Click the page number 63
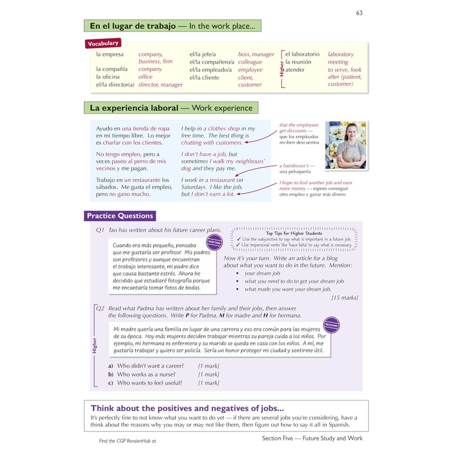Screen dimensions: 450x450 click(x=360, y=13)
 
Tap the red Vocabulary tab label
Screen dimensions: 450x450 click(x=102, y=43)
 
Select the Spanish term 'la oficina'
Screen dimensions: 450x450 click(x=109, y=76)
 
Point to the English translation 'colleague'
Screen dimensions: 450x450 click(x=250, y=62)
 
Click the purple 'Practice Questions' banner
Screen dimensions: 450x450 click(x=119, y=215)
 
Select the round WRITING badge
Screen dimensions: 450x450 click(x=213, y=243)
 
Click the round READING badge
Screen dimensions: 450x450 click(x=331, y=325)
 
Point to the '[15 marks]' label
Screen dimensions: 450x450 click(x=345, y=298)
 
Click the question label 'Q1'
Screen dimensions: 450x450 click(x=100, y=230)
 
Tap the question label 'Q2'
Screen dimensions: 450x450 click(x=100, y=308)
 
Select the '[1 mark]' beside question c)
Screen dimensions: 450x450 click(x=208, y=383)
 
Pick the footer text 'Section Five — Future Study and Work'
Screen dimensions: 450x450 click(x=312, y=438)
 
